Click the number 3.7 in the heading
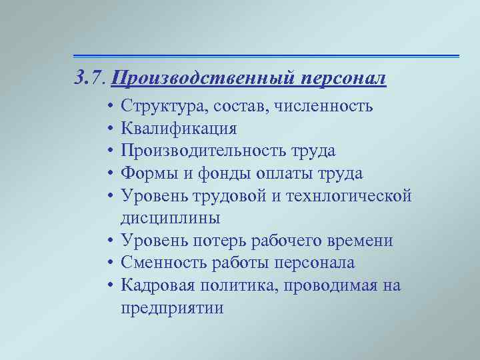pos(90,79)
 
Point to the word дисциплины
pos(171,218)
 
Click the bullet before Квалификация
pos(108,129)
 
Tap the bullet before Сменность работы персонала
pos(108,263)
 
